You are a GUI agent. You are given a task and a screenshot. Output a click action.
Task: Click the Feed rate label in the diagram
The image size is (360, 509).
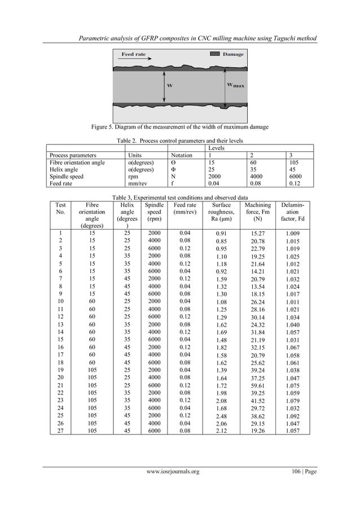pyautogui.click(x=134, y=54)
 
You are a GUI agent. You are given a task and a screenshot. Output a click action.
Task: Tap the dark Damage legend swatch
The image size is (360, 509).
pyautogui.click(x=215, y=54)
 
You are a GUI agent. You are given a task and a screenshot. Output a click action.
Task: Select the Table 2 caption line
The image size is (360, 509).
pyautogui.click(x=180, y=139)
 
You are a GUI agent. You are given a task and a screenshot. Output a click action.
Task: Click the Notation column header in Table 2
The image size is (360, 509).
pyautogui.click(x=181, y=155)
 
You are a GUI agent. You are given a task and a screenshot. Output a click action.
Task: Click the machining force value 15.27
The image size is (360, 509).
pyautogui.click(x=258, y=232)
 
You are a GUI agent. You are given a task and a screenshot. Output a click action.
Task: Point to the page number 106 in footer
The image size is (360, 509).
pyautogui.click(x=293, y=472)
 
